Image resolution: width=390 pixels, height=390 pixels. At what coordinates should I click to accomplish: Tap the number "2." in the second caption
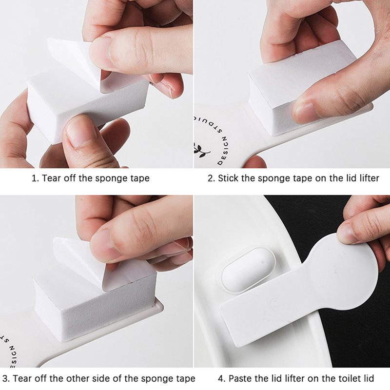pyautogui.click(x=212, y=178)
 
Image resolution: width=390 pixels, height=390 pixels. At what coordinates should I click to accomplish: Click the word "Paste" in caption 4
pyautogui.click(x=239, y=379)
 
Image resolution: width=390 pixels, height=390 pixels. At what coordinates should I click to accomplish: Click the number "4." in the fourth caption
pyautogui.click(x=222, y=379)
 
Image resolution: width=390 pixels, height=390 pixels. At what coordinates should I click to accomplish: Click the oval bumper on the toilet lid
pyautogui.click(x=248, y=270)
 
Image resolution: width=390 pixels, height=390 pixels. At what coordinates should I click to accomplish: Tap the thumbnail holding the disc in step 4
pyautogui.click(x=348, y=233)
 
